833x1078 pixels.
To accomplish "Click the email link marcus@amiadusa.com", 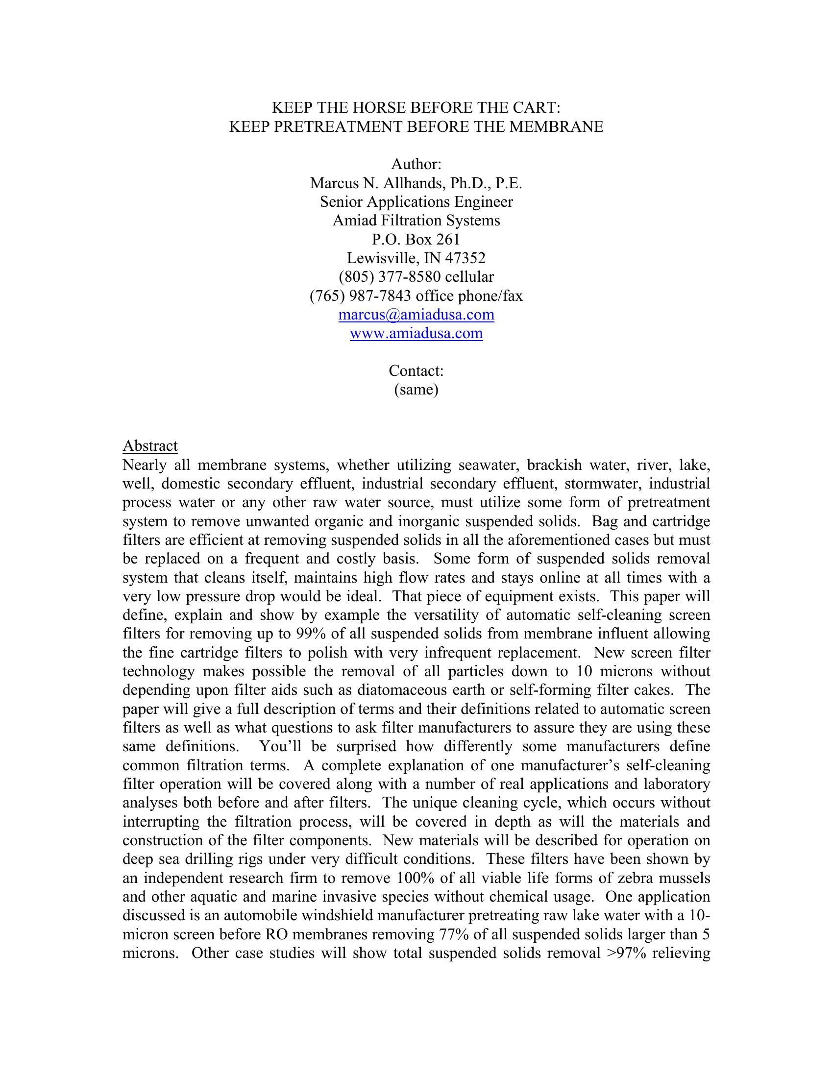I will [416, 315].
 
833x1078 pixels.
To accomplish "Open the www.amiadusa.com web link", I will [416, 333].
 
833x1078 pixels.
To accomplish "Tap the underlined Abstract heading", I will [150, 446].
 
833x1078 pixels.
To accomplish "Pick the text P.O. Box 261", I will [416, 240].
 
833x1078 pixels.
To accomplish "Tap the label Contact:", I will [416, 371].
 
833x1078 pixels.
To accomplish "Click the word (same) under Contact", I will [416, 390].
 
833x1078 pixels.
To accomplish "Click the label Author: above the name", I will [416, 164].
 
